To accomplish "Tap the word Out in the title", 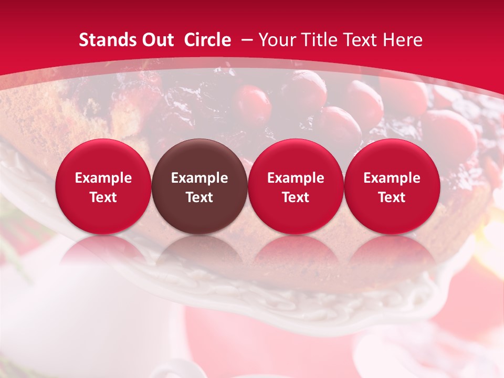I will coord(157,40).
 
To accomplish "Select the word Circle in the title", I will coord(207,40).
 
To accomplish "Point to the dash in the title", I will coord(247,40).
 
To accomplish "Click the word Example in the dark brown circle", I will coord(199,178).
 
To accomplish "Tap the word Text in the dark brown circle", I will coord(199,197).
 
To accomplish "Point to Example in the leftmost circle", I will coord(103,178).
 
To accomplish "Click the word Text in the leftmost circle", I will coord(103,197).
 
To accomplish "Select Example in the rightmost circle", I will coord(392,178).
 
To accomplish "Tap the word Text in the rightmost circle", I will coord(392,197).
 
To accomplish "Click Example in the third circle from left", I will coord(296,178).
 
